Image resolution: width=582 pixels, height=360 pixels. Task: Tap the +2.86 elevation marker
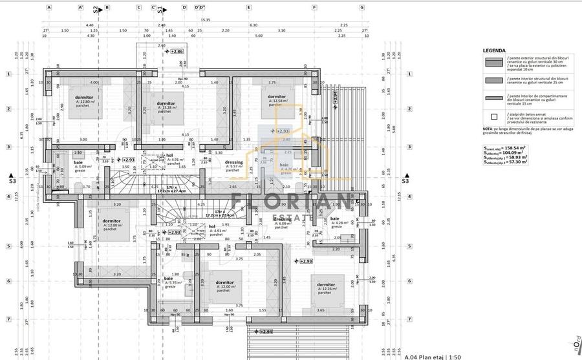point(176,50)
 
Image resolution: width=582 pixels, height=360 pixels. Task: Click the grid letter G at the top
point(362,8)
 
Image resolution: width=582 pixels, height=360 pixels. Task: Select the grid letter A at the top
point(49,8)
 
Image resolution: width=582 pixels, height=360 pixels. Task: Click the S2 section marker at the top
point(96,9)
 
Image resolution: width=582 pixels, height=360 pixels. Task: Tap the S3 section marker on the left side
point(12,182)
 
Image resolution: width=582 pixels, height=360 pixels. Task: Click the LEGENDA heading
point(494,50)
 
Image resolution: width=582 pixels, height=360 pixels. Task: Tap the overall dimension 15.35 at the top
point(205,19)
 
